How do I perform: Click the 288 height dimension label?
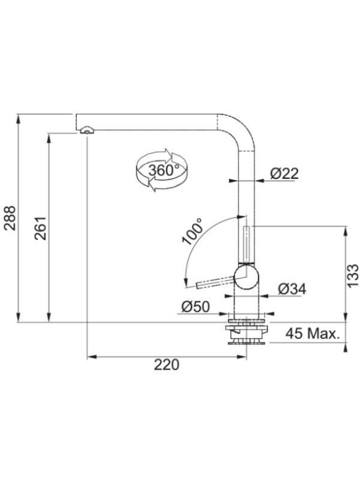point(10,218)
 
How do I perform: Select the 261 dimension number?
point(40,228)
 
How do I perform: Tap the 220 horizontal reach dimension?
point(166,365)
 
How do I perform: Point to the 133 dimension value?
point(353,275)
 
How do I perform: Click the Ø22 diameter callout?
point(284,173)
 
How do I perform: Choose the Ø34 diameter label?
point(292,289)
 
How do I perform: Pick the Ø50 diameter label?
point(196,307)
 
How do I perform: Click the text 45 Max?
point(313,334)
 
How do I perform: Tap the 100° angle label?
point(192,232)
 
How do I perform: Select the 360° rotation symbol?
point(161,170)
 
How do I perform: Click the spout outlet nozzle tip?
point(87,130)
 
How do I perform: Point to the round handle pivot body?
point(246,277)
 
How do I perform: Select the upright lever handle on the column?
point(246,245)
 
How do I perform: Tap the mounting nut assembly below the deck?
point(247,332)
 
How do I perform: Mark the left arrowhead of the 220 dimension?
point(92,356)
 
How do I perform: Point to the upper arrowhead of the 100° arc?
point(242,217)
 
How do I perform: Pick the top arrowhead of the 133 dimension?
point(346,231)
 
